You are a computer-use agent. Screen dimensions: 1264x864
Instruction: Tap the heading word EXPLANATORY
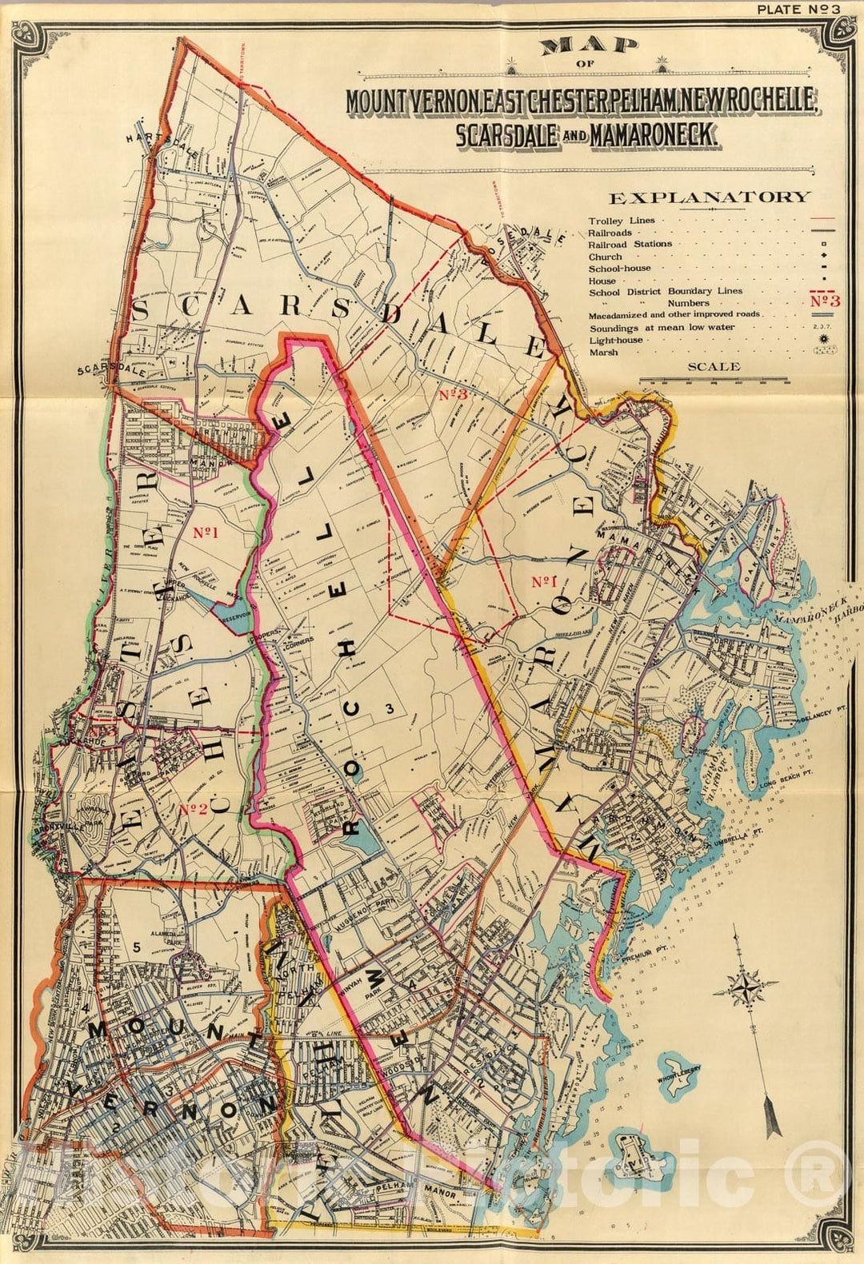pyautogui.click(x=709, y=197)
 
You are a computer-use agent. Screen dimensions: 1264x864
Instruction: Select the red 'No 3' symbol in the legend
pyautogui.click(x=824, y=301)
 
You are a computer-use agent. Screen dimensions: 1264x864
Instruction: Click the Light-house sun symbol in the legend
pyautogui.click(x=823, y=339)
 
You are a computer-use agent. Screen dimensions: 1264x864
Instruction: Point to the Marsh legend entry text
pyautogui.click(x=603, y=352)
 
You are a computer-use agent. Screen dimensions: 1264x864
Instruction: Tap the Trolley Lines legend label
pyautogui.click(x=621, y=220)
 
